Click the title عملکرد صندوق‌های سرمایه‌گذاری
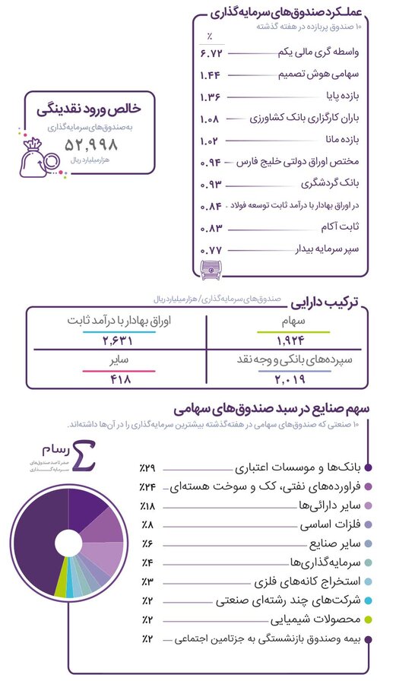290,13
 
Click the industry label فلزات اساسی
325,524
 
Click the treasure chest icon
206,268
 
